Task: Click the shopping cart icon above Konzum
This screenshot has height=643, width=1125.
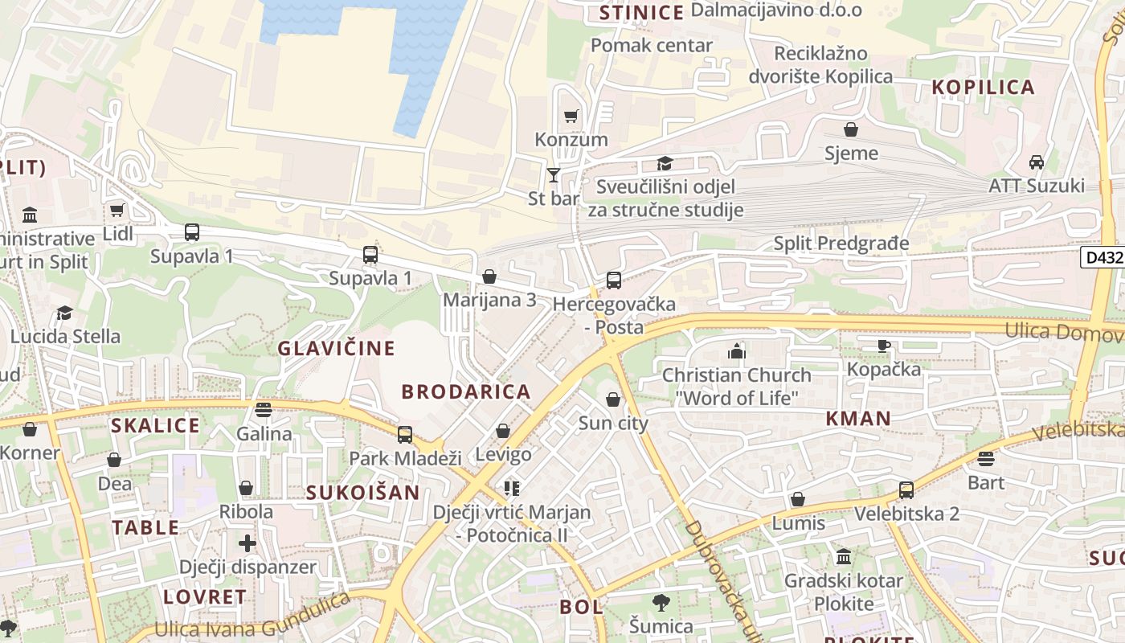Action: tap(571, 117)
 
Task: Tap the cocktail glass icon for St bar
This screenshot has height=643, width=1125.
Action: tap(554, 174)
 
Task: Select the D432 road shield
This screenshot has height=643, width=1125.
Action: tap(1102, 257)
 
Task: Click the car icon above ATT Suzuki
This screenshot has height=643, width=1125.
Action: tap(1037, 162)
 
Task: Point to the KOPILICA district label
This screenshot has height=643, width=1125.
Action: tap(983, 88)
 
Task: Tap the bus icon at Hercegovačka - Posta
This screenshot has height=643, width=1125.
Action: tap(614, 280)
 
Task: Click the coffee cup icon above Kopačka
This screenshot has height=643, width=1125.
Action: tap(884, 346)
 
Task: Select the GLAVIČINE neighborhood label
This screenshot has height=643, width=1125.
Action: tap(336, 348)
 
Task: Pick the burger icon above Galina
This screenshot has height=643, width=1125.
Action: tap(264, 409)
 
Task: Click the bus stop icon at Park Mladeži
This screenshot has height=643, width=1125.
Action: tap(405, 435)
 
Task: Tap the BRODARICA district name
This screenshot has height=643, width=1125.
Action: tap(466, 391)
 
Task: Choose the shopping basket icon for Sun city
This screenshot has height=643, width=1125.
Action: tap(613, 399)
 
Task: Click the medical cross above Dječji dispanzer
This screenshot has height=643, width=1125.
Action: tap(247, 543)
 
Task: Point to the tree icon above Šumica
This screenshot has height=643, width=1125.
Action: tap(661, 602)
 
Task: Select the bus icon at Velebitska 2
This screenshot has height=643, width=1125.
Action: tap(906, 489)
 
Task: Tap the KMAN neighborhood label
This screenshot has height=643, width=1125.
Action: tap(858, 418)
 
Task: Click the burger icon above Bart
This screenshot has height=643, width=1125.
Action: tap(986, 459)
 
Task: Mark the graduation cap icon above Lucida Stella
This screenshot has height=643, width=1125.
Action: tap(64, 313)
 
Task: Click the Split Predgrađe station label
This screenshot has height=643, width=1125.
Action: tap(841, 243)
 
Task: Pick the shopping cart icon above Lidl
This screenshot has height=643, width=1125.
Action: tap(117, 211)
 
